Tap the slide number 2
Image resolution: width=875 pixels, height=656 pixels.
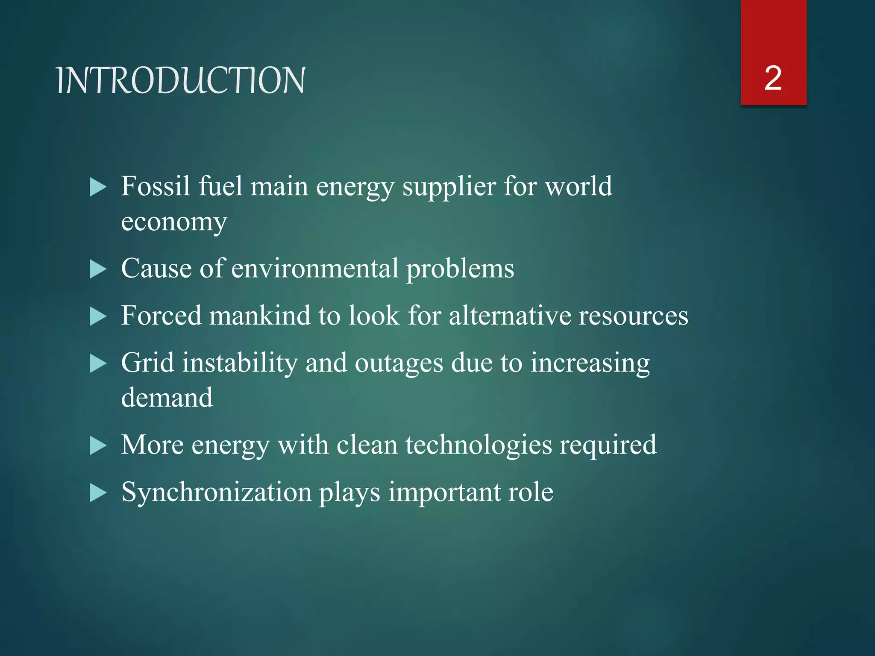click(x=773, y=78)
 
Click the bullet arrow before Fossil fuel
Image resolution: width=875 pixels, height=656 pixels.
click(x=98, y=187)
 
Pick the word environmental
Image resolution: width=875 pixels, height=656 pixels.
click(x=315, y=269)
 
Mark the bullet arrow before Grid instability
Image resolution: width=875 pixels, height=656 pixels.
click(x=98, y=364)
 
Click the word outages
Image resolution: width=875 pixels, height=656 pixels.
click(x=399, y=364)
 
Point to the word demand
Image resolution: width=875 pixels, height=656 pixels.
click(x=167, y=398)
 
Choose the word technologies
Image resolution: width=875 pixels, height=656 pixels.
click(x=479, y=445)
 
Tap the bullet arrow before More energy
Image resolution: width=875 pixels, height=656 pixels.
click(x=98, y=446)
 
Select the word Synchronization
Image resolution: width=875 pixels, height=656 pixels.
click(x=217, y=492)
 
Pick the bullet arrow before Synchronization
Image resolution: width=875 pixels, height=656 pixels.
click(x=98, y=493)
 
